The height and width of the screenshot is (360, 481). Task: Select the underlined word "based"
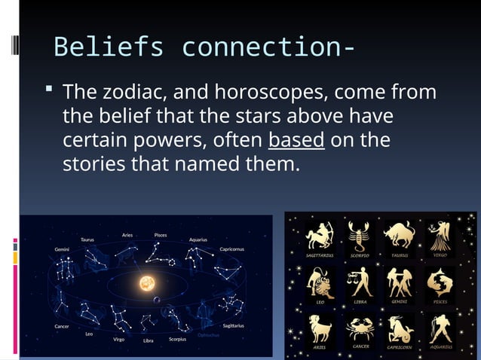[296, 141]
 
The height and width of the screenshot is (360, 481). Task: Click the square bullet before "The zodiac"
[49, 91]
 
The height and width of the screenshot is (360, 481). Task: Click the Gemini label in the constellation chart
[63, 248]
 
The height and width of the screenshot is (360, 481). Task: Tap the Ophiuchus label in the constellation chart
[208, 334]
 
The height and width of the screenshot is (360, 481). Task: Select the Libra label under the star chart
[149, 340]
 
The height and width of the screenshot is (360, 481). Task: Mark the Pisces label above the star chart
[161, 234]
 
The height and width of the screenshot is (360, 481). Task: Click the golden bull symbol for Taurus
[399, 235]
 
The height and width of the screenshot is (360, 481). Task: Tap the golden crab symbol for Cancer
[360, 328]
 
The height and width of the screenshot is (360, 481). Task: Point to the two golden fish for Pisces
[440, 282]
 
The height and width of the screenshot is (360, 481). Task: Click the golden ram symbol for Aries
[319, 328]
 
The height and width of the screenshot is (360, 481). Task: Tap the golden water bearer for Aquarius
[440, 328]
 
